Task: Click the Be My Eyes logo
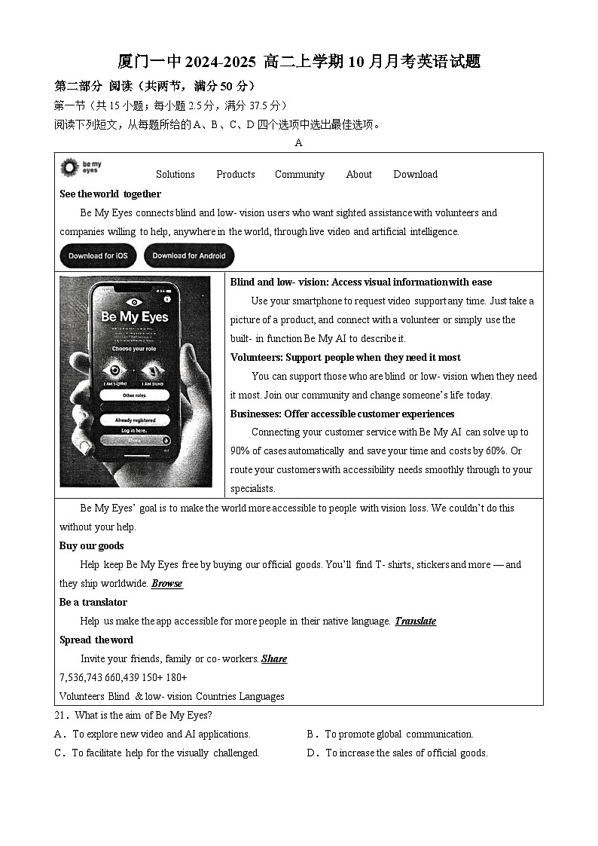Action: pos(81,167)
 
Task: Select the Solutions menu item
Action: pos(175,174)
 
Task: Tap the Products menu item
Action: pos(235,174)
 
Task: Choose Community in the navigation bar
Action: pos(299,174)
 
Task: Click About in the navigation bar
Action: pos(358,174)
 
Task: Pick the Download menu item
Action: pos(415,174)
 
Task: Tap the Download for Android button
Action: pos(189,256)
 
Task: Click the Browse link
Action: pos(166,584)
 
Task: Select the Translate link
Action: pos(415,622)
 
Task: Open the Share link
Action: pos(274,659)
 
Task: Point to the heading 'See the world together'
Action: pos(110,194)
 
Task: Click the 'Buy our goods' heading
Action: pos(91,546)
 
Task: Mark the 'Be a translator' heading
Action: pos(93,603)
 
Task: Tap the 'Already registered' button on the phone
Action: pos(135,420)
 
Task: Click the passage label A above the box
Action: pos(298,143)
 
